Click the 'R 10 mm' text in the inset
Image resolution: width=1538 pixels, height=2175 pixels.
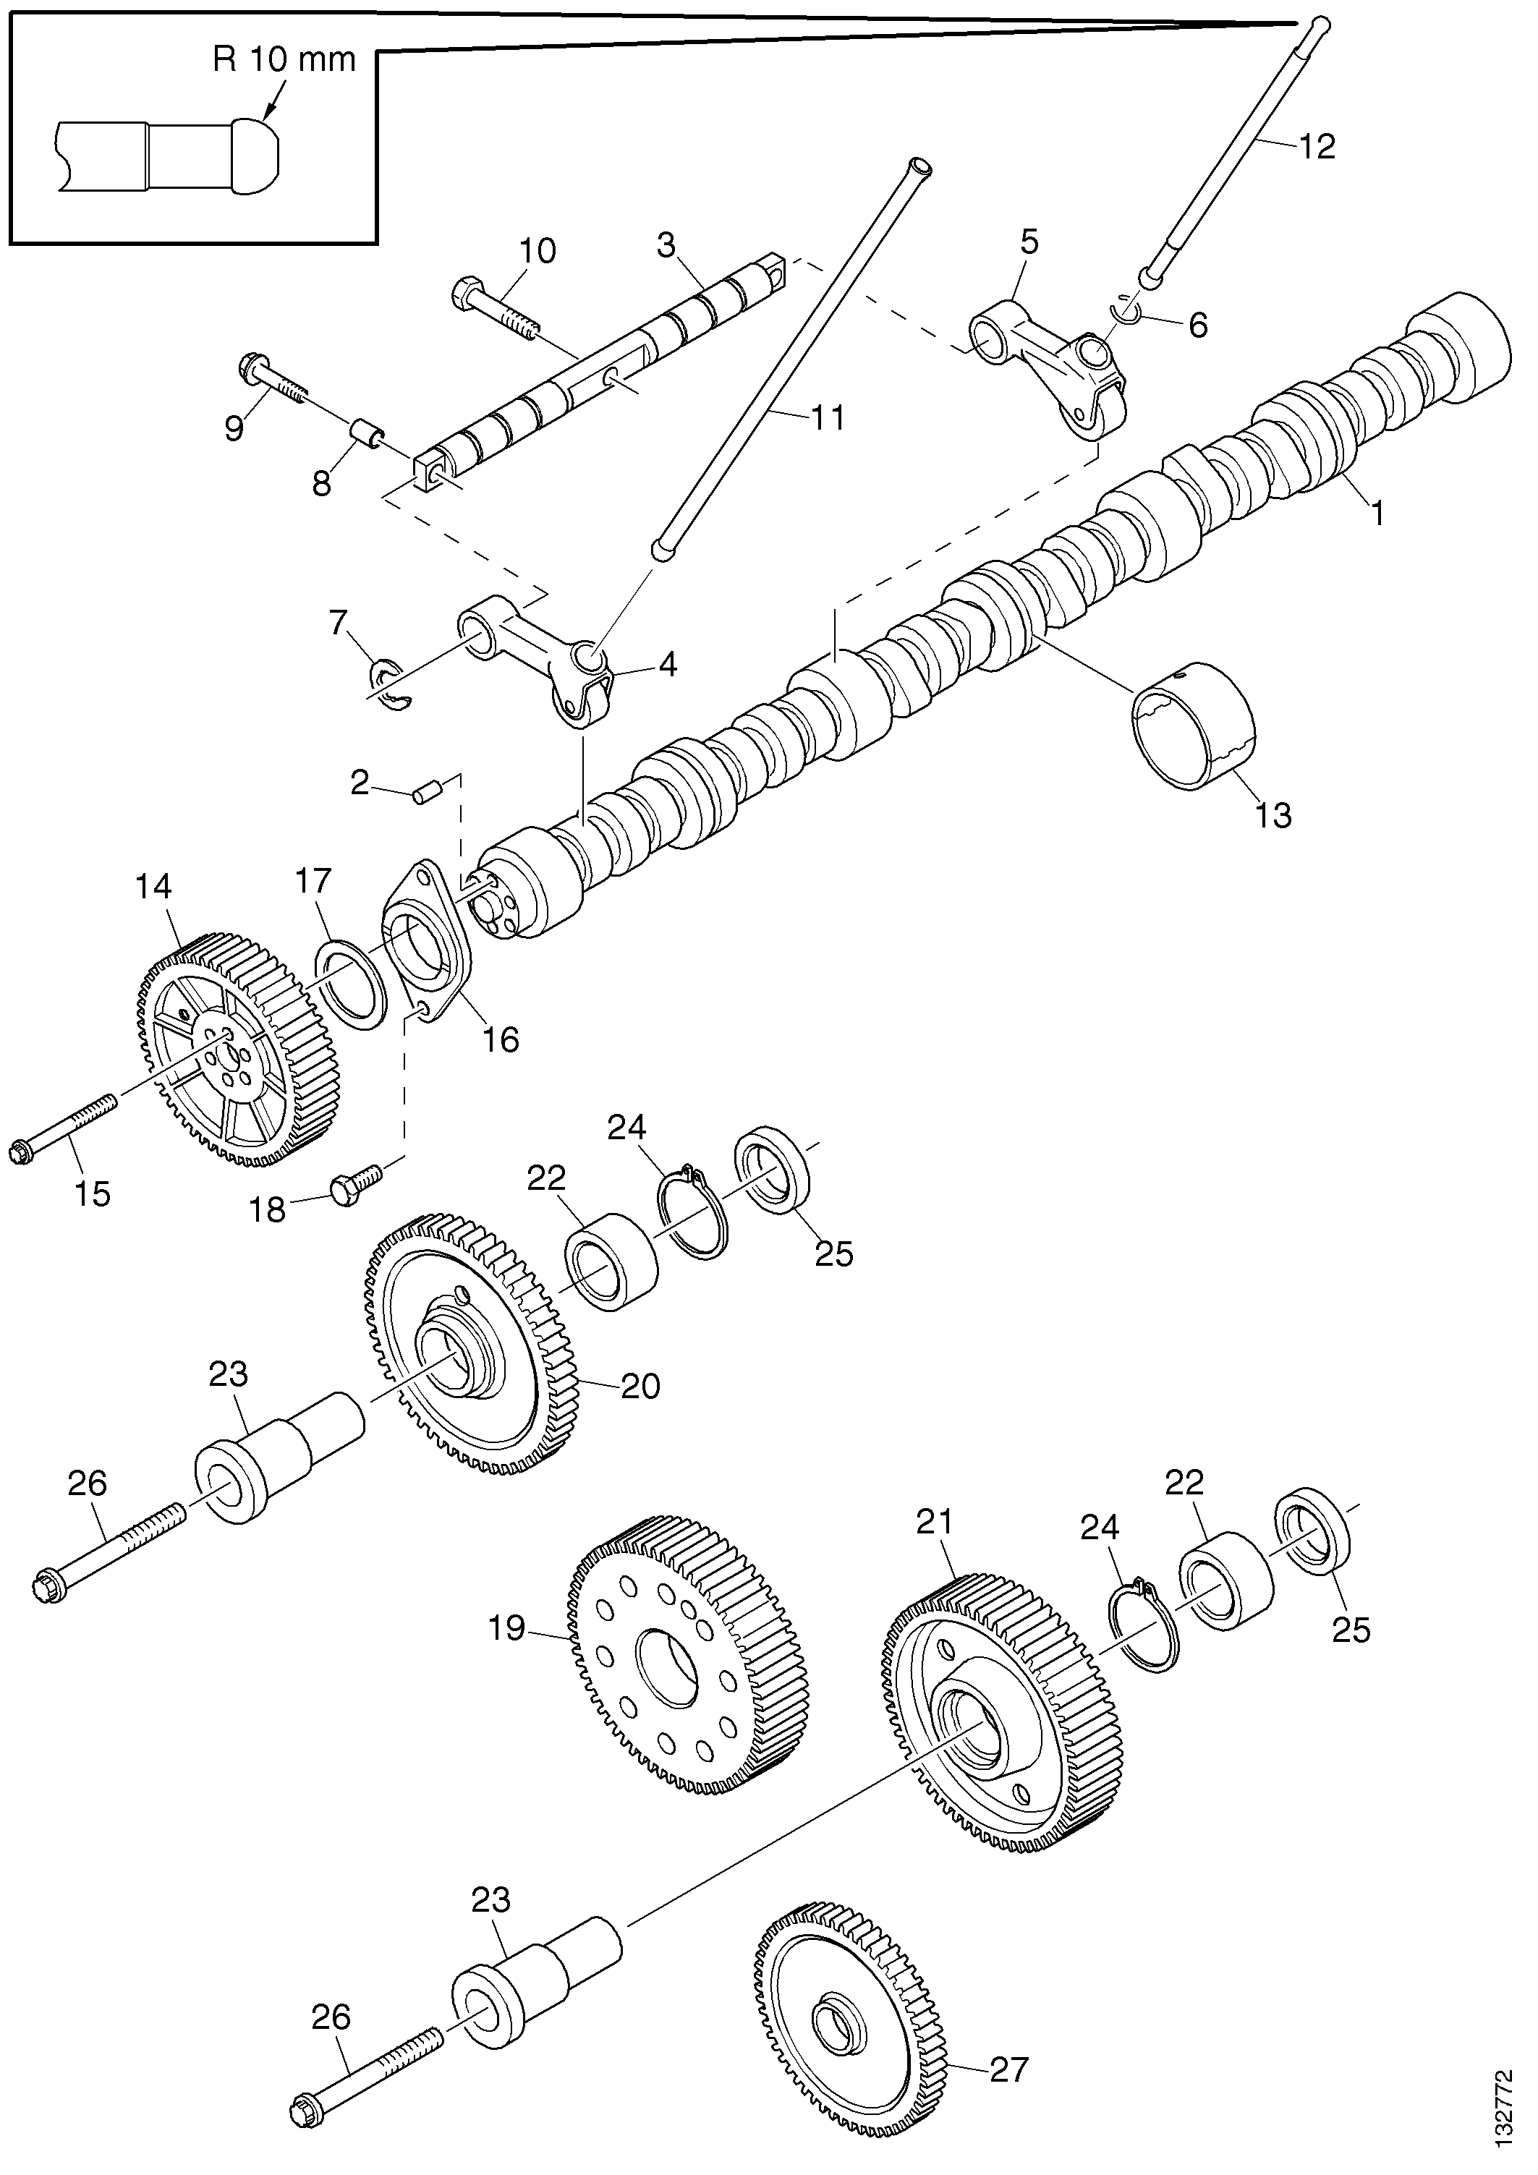(x=284, y=59)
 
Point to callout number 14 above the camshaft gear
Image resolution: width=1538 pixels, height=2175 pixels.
(x=153, y=887)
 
